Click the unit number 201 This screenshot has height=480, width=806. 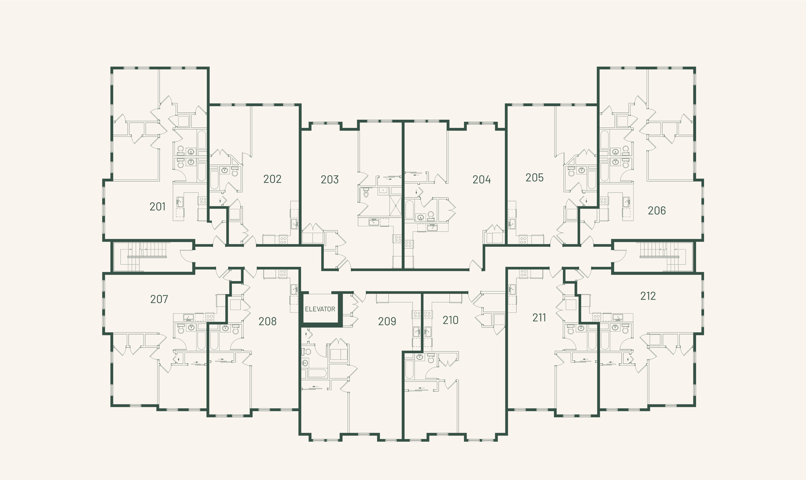(x=157, y=206)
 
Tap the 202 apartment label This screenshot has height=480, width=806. (x=272, y=179)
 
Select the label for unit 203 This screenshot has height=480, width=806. (x=329, y=180)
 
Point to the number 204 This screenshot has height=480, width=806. (x=481, y=180)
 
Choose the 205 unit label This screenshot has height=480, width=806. (x=534, y=178)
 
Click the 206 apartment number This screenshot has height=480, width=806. (x=657, y=210)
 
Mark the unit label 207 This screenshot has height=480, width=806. (x=159, y=299)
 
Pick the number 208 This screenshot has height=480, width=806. (x=267, y=321)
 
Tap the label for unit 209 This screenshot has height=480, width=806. (x=387, y=321)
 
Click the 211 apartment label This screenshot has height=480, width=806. (x=539, y=318)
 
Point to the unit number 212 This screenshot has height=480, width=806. (x=648, y=296)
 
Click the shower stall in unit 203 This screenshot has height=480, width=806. (x=395, y=205)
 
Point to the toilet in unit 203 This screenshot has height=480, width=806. (x=366, y=193)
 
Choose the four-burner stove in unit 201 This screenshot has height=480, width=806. (x=203, y=201)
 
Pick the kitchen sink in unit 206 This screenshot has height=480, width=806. (x=627, y=202)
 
